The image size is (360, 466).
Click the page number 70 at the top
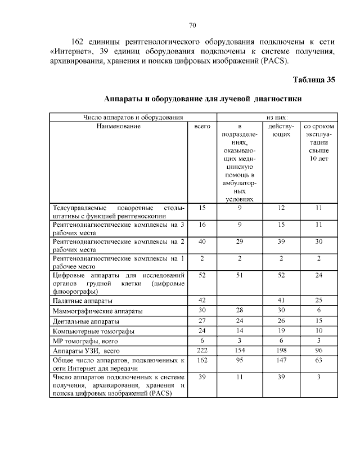192,25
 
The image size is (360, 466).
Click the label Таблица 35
314,79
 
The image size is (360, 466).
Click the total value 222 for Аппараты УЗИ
202,351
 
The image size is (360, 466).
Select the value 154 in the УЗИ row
240,351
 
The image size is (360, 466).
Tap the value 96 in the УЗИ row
318,351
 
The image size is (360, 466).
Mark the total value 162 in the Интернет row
202,360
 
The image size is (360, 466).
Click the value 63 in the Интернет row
318,360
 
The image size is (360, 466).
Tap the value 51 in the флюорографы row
240,275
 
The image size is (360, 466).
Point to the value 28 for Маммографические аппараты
240,310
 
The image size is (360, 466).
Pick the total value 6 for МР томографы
202,340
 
